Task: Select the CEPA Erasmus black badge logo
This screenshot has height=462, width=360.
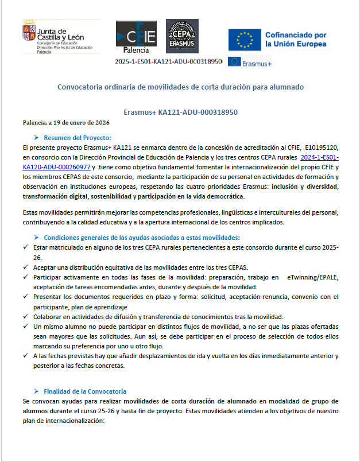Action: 183,36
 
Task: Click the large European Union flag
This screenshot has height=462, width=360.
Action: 243,40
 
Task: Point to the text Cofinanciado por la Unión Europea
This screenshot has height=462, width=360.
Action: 296,40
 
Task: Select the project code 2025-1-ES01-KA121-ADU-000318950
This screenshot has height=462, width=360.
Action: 168,61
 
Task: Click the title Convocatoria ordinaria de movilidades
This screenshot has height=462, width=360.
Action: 180,87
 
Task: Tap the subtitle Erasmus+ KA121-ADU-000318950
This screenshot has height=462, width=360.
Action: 180,112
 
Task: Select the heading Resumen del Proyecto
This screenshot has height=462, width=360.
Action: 78,137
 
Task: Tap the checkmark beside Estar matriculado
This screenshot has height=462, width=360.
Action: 26,247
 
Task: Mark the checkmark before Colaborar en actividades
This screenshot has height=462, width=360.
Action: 26,317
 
